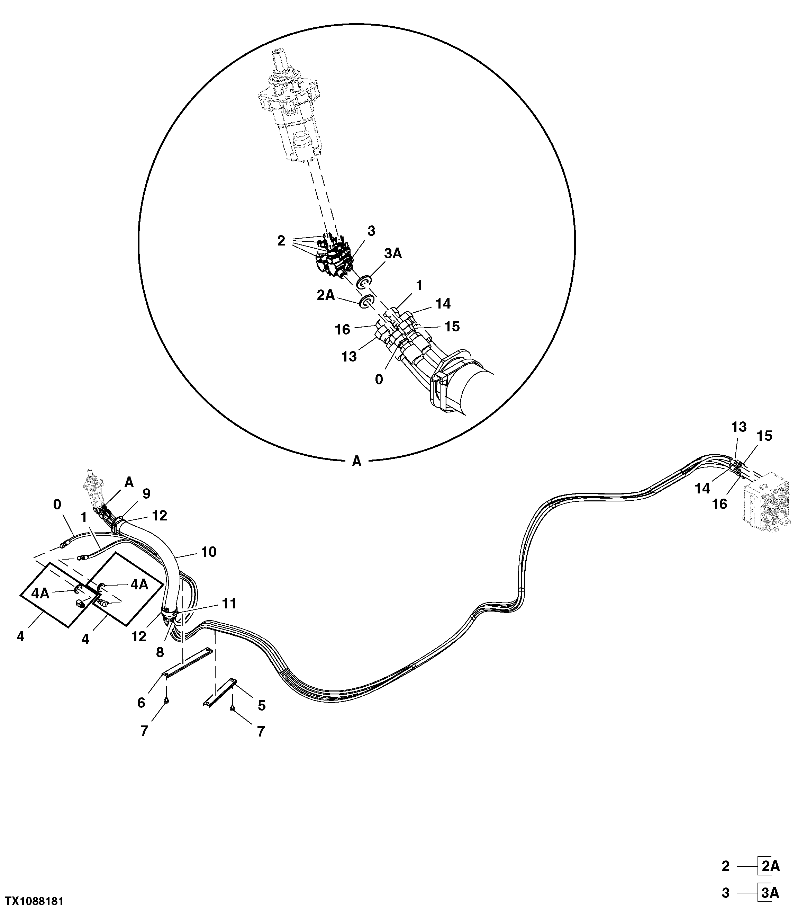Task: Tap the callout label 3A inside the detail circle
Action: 393,253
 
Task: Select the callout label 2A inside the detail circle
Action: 326,295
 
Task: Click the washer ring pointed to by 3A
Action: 365,282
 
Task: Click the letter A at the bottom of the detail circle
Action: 357,462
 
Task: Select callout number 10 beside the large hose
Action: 209,552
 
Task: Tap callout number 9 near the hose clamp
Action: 146,493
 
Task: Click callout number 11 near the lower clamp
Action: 229,604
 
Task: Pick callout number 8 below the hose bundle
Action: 160,652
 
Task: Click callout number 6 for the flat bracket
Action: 141,703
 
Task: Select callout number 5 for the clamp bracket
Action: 262,705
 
